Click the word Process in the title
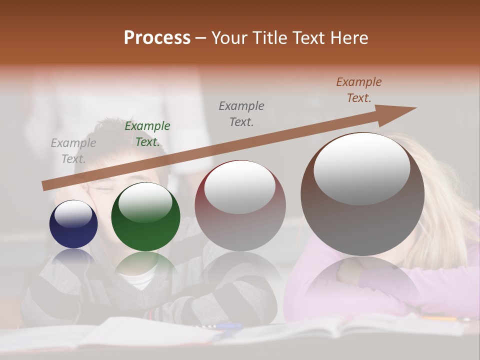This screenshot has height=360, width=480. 157,38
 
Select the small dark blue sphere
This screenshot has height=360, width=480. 73,224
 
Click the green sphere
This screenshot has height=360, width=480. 145,217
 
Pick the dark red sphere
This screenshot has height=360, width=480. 240,206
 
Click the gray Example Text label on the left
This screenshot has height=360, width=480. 73,151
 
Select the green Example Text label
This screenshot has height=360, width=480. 147,134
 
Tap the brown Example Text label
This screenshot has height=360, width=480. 359,90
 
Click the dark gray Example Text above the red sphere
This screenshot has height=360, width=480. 241,113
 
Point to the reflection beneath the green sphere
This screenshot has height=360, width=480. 145,265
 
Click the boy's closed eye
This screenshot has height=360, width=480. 102,188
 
